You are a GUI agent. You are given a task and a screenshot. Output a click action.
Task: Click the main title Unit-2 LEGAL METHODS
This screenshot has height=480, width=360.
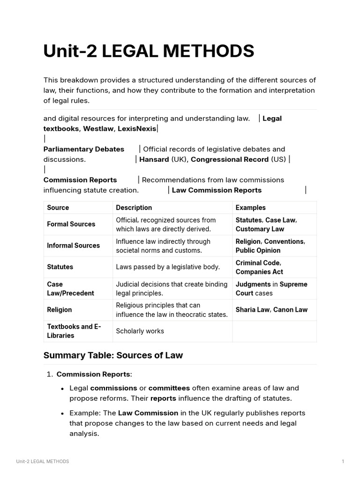pos(149,51)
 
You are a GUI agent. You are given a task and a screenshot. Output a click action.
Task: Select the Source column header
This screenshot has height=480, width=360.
pos(58,208)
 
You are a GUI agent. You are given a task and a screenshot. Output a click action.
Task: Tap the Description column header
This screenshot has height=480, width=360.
pos(134,208)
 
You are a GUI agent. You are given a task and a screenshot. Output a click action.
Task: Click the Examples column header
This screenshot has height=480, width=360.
pos(250,208)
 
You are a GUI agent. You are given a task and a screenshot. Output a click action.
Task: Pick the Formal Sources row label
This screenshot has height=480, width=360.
pos(71,225)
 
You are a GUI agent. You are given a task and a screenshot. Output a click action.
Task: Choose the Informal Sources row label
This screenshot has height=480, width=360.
pos(73,246)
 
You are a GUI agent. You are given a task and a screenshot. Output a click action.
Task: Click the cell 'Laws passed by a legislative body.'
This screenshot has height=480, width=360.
pos(168,267)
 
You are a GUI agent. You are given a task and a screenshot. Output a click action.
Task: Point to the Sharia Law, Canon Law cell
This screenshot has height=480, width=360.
pos(271,310)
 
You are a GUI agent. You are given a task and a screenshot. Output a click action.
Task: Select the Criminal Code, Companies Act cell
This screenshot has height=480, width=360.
pos(259,267)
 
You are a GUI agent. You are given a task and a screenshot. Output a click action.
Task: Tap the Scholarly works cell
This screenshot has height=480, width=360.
pos(140,331)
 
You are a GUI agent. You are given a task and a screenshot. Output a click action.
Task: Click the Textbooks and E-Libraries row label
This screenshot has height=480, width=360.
pos(74,331)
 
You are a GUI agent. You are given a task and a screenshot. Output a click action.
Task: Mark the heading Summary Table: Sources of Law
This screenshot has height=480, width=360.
pos(113,355)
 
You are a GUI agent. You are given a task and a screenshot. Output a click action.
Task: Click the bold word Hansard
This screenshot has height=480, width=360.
pos(154,159)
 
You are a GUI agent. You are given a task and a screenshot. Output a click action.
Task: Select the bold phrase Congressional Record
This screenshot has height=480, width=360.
pos(230,159)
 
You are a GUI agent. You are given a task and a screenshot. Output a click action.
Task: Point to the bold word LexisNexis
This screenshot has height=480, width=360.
pos(137,129)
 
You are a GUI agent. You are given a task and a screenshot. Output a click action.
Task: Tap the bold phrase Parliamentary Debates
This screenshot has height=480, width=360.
pos(84,149)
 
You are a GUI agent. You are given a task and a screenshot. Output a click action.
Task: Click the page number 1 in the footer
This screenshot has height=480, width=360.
pos(343,462)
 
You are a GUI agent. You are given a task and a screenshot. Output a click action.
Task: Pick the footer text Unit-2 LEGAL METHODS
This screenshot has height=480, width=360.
pos(42,462)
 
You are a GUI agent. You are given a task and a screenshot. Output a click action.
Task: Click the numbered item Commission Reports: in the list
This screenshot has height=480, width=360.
pos(94,375)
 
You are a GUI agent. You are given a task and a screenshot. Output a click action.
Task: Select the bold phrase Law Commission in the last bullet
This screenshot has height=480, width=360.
pos(148,413)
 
